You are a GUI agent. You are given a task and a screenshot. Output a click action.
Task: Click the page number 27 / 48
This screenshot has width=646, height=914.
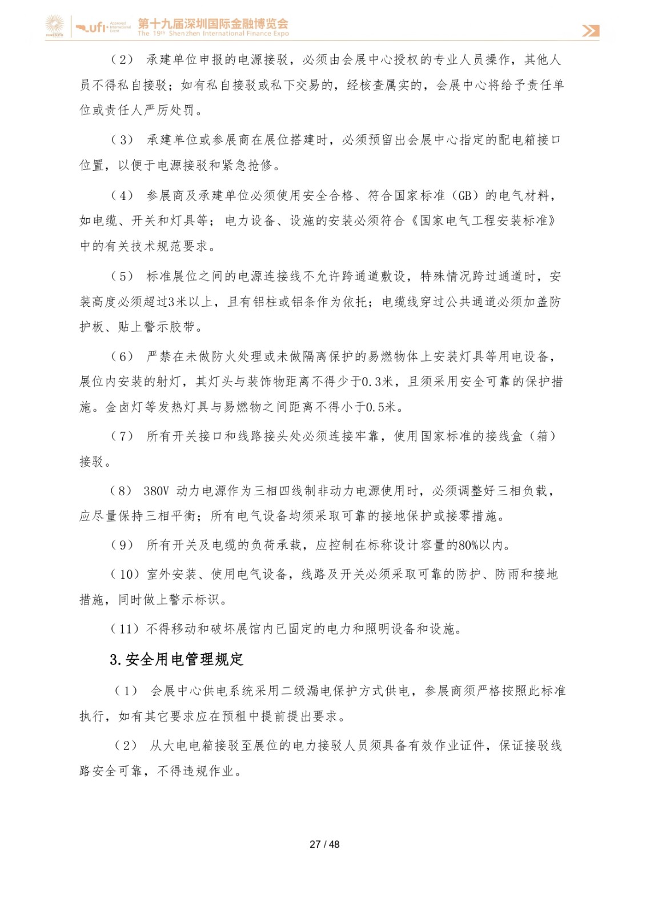[x=324, y=844]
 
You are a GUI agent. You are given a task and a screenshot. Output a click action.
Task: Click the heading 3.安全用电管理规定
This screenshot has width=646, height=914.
[x=176, y=660]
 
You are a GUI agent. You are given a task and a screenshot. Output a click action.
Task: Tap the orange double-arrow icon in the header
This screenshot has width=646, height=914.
[x=591, y=31]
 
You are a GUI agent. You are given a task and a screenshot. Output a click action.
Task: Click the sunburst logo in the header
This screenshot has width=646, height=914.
[x=55, y=26]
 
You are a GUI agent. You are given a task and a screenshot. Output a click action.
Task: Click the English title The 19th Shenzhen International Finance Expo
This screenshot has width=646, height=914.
[x=213, y=34]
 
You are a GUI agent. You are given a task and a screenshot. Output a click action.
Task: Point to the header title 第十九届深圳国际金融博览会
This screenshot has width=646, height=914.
[x=213, y=23]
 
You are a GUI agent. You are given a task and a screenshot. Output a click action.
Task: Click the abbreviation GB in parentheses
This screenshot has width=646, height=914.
[x=464, y=196]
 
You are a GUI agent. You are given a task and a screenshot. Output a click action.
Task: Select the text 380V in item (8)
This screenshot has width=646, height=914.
[x=156, y=491]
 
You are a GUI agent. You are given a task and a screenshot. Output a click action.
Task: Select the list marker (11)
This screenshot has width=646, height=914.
[x=125, y=629]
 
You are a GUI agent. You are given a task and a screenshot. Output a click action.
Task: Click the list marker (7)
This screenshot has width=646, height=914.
[x=122, y=436]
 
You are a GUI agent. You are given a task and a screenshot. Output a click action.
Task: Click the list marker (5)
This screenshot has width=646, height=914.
[x=122, y=276]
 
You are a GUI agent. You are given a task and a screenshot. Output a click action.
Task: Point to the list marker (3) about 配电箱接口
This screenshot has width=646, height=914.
[x=122, y=140]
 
